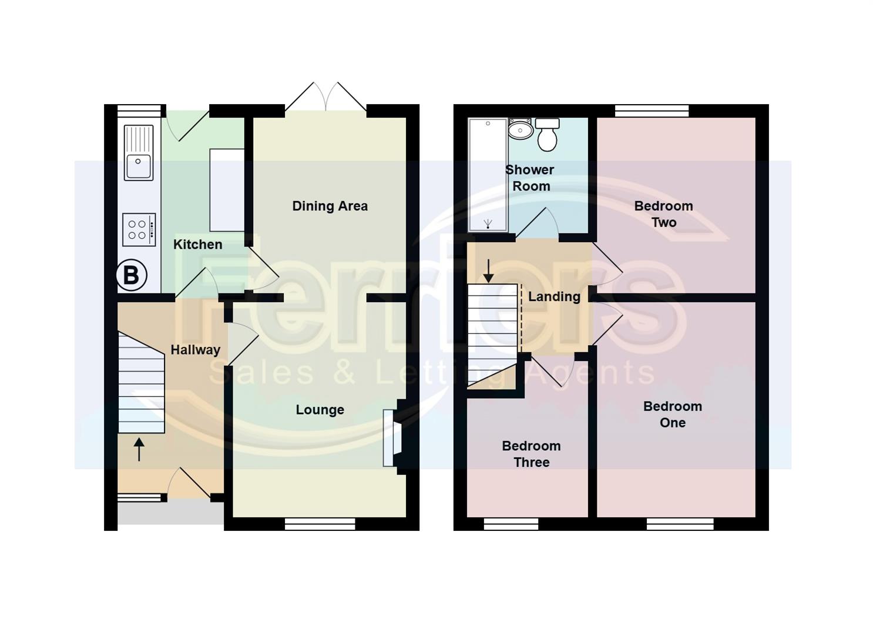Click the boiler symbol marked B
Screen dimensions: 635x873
[x=131, y=275]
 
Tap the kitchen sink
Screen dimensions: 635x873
[x=139, y=153]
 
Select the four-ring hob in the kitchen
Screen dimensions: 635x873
[x=139, y=229]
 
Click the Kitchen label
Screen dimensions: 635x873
[x=197, y=245]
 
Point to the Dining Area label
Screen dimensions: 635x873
[x=330, y=206]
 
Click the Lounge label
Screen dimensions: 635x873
[x=320, y=410]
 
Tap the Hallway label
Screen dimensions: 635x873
[x=195, y=350]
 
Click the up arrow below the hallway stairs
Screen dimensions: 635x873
[x=139, y=449]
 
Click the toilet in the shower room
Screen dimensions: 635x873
[x=548, y=135]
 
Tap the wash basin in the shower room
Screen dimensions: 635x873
[x=521, y=129]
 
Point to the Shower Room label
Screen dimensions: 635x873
[x=530, y=178]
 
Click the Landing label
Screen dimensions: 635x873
[x=554, y=296]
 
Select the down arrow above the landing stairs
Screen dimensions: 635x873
[x=488, y=270]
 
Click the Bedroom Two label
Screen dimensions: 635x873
[x=663, y=214]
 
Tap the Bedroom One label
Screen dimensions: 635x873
[x=672, y=415]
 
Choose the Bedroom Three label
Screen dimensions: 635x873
[x=531, y=454]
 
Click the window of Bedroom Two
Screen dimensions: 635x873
[x=652, y=111]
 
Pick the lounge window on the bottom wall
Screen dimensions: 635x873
[x=320, y=523]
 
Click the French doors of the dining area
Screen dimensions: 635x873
[x=326, y=100]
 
